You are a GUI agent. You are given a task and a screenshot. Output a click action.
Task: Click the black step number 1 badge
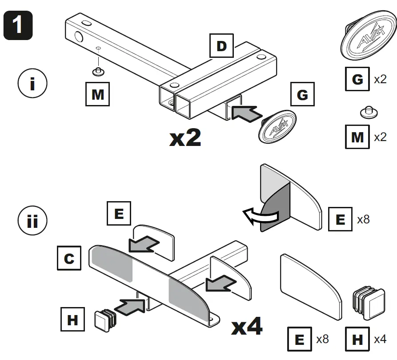[18, 25]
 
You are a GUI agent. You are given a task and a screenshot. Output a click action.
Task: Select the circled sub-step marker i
[32, 84]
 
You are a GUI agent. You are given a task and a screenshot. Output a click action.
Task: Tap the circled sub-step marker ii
[32, 221]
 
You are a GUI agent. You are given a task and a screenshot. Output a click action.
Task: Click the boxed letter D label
[221, 46]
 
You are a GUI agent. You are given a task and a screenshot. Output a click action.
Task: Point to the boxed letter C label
[69, 258]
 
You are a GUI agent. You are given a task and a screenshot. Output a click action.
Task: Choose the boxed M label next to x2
[357, 137]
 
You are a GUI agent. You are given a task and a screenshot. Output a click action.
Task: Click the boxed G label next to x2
[357, 80]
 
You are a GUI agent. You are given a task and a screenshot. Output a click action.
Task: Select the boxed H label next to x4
[357, 340]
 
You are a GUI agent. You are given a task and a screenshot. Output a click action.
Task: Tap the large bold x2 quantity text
[185, 138]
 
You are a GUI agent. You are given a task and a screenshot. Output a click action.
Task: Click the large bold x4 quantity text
[247, 328]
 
